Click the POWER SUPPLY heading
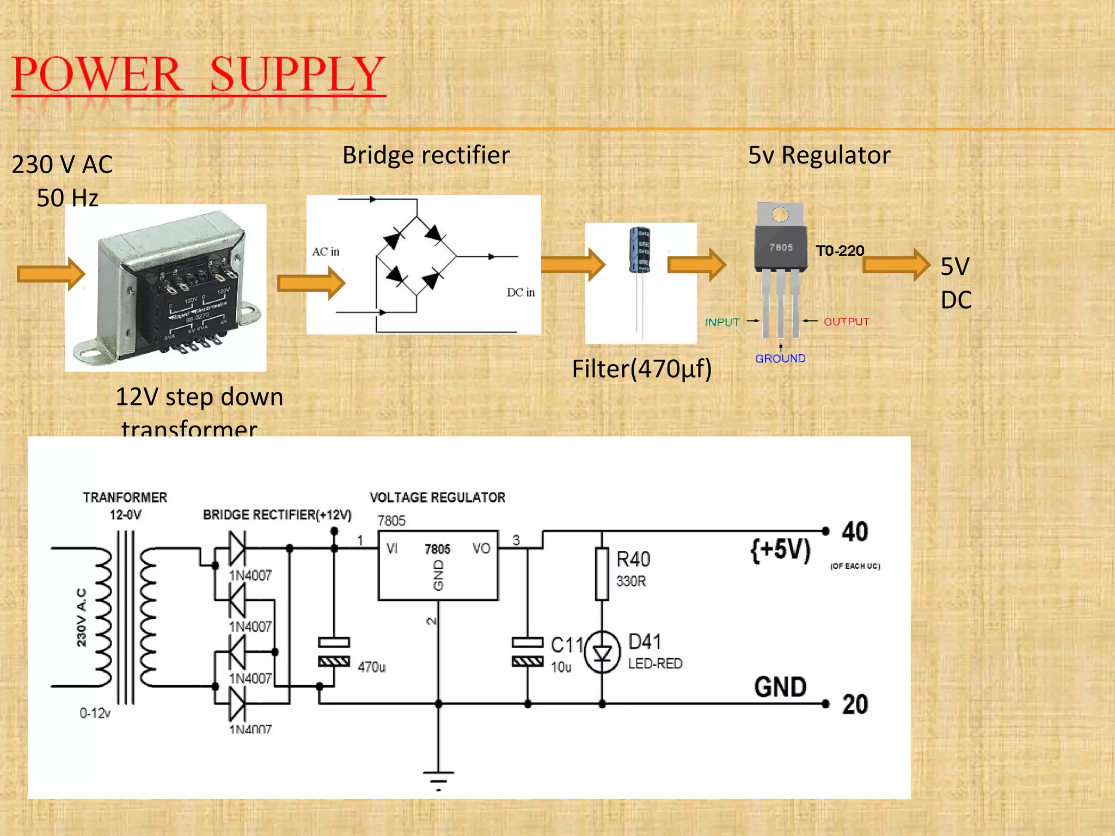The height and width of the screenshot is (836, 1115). coord(199,75)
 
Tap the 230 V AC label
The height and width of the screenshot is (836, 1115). coord(62,164)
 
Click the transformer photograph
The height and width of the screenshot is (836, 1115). coord(166,287)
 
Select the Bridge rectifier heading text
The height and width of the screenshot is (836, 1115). coord(426,155)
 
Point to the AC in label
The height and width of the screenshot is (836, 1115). coord(326,251)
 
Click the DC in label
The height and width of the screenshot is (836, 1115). coord(520,292)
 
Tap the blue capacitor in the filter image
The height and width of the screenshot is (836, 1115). coord(640,250)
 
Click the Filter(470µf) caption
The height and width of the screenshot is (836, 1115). coord(641,368)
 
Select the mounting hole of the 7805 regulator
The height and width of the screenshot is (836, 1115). coord(780,214)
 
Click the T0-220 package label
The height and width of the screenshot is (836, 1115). coord(840,251)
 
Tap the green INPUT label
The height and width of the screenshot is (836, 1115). coord(722,322)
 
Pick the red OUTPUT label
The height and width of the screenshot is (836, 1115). coord(846,322)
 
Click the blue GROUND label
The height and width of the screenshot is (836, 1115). coord(780,358)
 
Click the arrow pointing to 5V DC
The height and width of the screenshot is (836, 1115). coord(896,265)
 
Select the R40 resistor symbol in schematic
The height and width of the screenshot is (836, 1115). coord(602,574)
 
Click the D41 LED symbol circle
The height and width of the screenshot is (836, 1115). coord(602,652)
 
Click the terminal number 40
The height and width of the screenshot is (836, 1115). coord(855,532)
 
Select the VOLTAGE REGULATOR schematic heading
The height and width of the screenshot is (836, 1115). coord(437,497)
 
